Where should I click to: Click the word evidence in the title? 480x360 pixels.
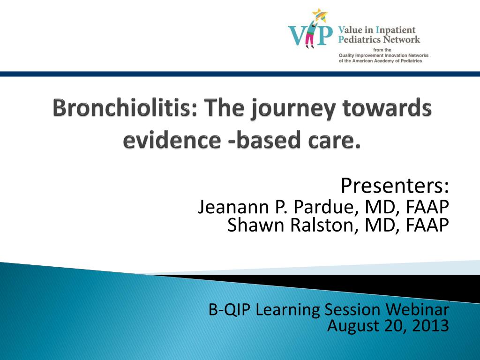[172, 140]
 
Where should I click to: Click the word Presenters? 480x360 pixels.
[395, 185]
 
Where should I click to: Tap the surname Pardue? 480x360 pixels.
[327, 207]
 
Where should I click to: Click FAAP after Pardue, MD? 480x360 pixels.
[427, 207]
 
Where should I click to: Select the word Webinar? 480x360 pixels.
[417, 309]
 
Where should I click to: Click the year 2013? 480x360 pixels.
[431, 325]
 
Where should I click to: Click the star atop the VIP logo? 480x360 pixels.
[320, 15]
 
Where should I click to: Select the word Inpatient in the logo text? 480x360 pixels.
[396, 30]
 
